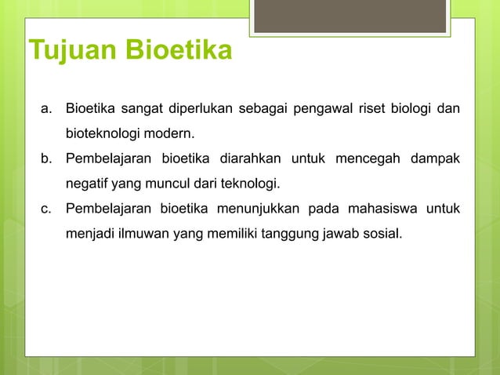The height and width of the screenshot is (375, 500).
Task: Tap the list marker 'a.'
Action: point(46,107)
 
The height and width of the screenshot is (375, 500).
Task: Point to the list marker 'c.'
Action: point(46,209)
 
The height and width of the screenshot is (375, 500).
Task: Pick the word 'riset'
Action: point(373,107)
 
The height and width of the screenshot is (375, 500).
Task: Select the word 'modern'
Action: point(171,131)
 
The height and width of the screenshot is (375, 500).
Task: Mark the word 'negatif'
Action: point(88,185)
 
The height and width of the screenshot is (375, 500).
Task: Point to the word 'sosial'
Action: point(385,233)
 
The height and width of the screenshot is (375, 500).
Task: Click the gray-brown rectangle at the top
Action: point(350,16)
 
